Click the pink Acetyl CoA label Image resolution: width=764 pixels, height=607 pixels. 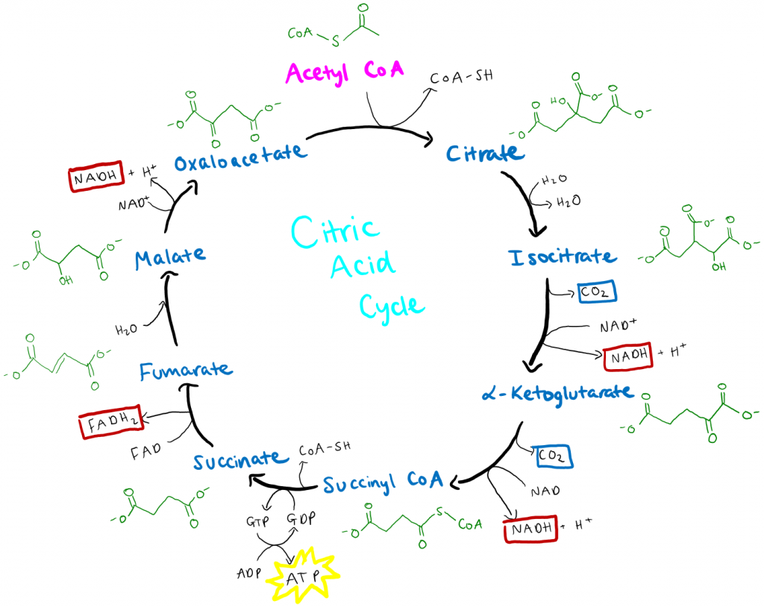(x=344, y=73)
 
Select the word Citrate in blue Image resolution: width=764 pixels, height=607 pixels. (x=486, y=154)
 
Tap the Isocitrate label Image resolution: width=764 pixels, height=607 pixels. (x=563, y=257)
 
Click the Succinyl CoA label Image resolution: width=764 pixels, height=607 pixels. (x=382, y=483)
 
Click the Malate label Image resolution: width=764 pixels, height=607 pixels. (x=170, y=256)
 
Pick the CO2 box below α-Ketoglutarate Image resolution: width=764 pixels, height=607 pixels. (x=553, y=455)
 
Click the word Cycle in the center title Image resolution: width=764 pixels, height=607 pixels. (x=392, y=303)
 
